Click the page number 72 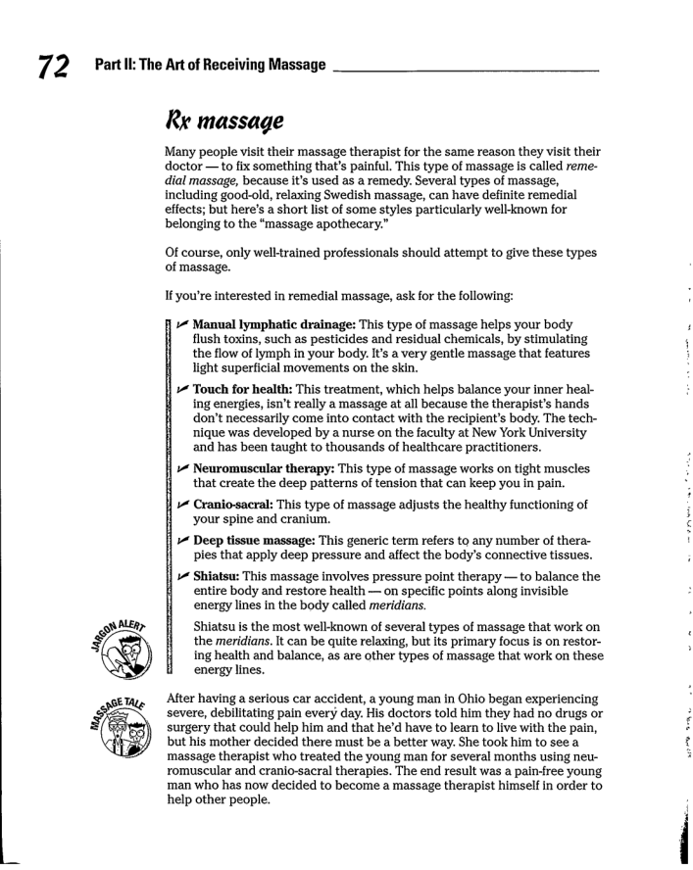[x=54, y=67]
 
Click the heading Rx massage [x=224, y=122]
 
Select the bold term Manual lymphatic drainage [x=273, y=324]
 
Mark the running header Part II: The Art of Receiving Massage [x=210, y=66]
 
